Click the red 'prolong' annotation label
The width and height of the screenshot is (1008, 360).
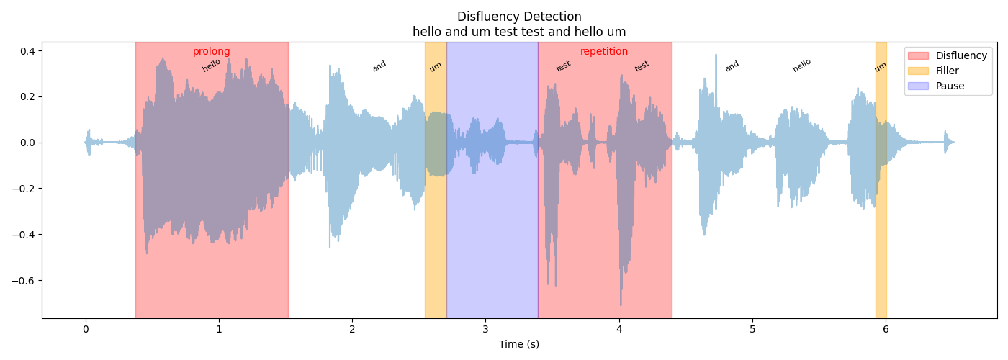click(211, 52)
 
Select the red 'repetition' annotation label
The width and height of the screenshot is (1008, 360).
click(604, 52)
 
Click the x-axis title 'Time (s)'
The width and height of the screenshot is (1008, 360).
click(519, 344)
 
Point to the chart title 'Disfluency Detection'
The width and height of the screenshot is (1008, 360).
click(519, 17)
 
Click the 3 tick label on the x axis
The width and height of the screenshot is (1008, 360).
click(485, 329)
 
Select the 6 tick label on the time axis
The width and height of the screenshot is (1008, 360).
click(886, 329)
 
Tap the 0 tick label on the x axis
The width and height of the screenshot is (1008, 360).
click(86, 329)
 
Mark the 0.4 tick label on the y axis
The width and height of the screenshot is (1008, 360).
click(27, 50)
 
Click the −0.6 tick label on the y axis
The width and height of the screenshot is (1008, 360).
click(24, 280)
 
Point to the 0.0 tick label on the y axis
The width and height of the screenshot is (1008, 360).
click(27, 143)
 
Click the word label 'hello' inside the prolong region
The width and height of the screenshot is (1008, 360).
click(212, 66)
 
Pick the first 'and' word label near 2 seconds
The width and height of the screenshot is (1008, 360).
click(379, 66)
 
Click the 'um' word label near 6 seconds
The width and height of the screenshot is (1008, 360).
click(881, 67)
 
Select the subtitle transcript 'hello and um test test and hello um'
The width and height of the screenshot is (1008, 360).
click(519, 32)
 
